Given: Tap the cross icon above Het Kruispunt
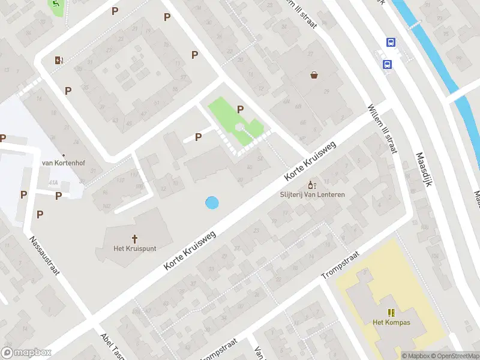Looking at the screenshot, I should (135, 238).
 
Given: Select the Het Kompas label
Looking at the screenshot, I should (392, 322).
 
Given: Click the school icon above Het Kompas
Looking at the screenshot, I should (392, 312).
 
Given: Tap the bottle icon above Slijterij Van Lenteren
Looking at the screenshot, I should (311, 184).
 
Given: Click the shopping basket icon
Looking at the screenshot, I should (314, 76).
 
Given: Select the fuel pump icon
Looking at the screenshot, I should (58, 59).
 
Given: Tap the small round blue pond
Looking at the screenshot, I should (212, 203).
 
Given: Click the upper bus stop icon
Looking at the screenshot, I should (391, 42).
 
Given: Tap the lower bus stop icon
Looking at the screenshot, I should (388, 65).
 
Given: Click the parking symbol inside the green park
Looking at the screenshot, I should (241, 109).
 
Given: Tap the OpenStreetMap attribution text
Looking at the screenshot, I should (453, 356).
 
